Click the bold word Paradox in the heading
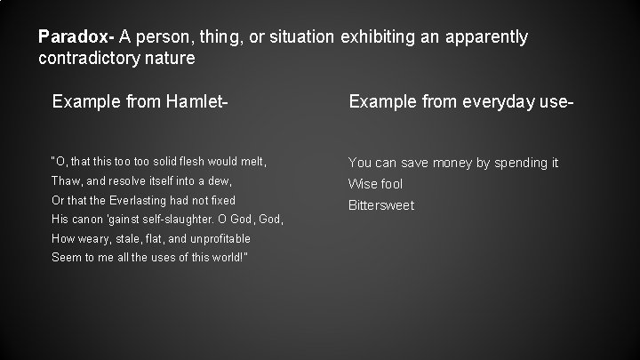[75, 37]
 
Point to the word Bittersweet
[380, 205]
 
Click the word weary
[92, 238]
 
